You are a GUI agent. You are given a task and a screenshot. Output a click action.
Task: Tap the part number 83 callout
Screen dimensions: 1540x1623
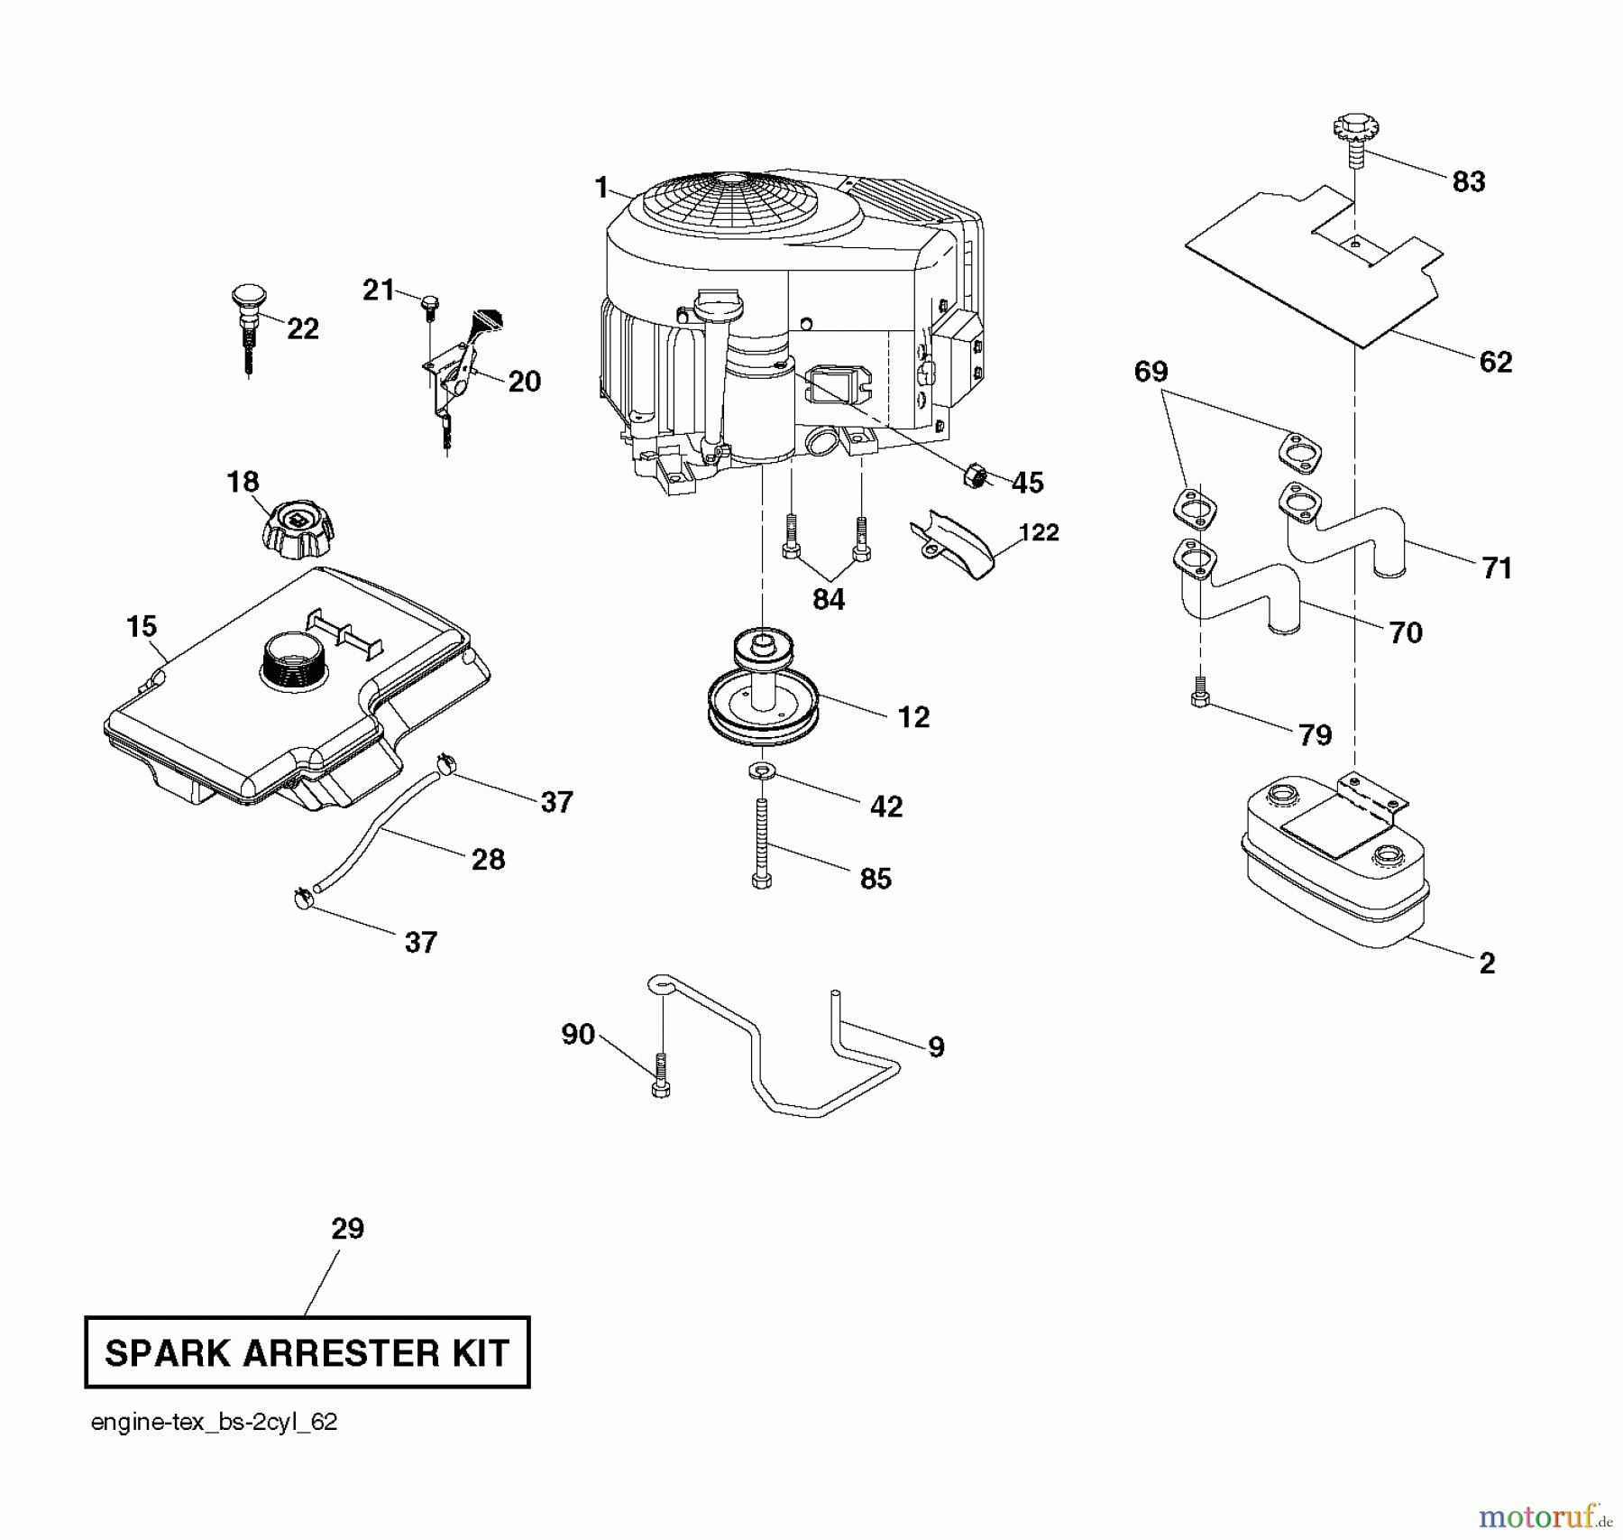[x=1468, y=182]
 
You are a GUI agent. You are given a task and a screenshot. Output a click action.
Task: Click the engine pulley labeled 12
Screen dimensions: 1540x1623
[x=763, y=695]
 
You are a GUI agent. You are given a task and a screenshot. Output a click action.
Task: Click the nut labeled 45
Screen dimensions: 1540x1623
[x=977, y=474]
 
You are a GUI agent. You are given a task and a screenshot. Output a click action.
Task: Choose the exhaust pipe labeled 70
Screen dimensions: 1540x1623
[x=1244, y=591]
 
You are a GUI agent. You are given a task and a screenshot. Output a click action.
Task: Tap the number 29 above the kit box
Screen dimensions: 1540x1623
[x=347, y=1229]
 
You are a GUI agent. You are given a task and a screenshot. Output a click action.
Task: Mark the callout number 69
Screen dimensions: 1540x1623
[x=1151, y=372]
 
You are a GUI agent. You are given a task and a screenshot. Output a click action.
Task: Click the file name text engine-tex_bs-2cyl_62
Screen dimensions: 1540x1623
[x=215, y=1423]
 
